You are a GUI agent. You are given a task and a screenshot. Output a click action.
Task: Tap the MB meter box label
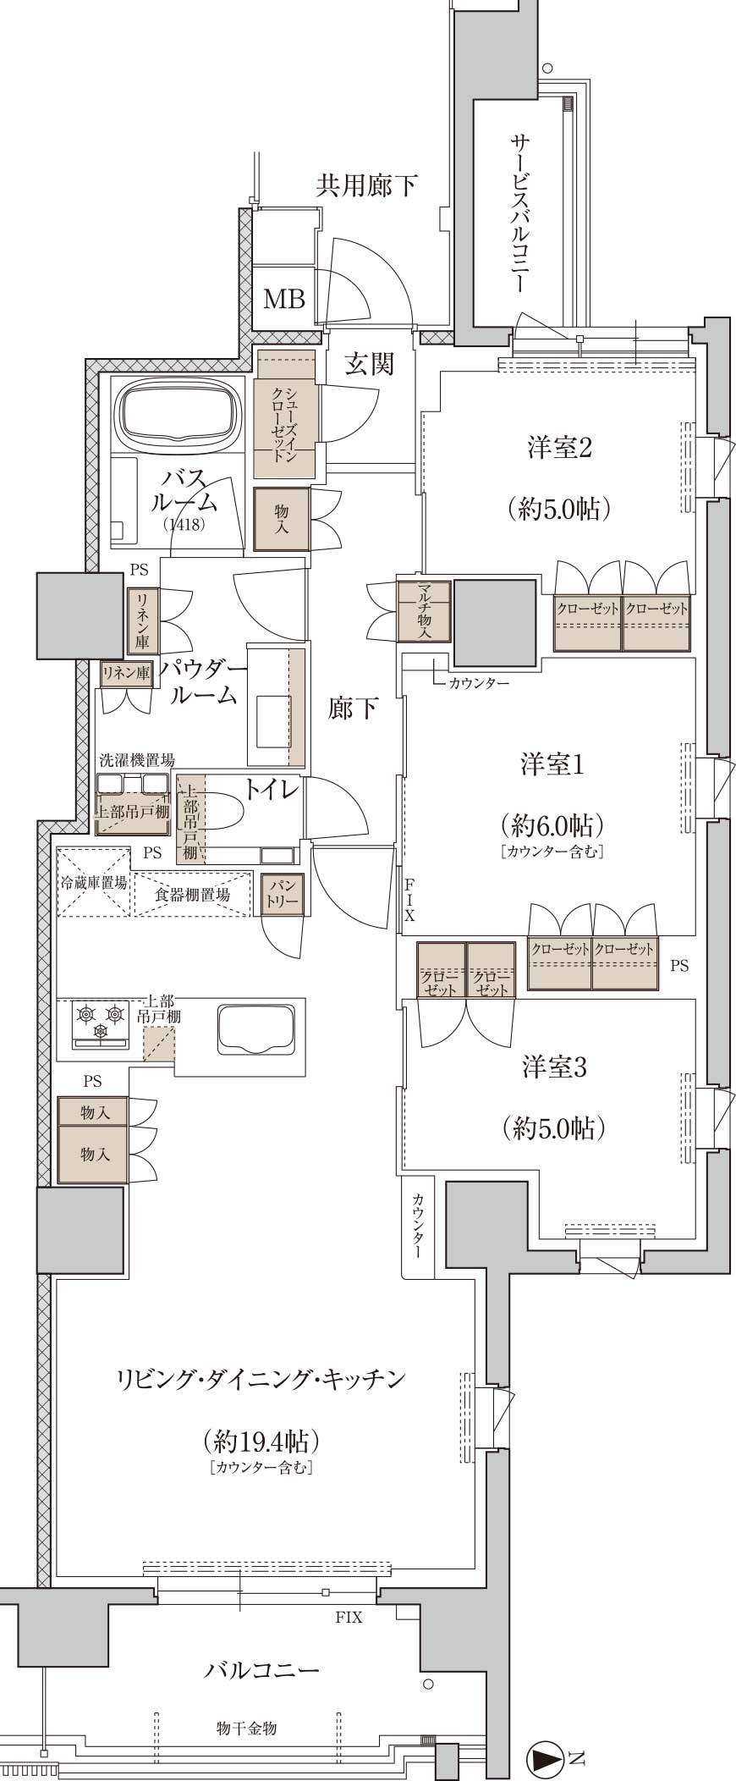pyautogui.click(x=284, y=298)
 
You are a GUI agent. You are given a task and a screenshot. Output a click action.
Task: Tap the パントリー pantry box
pyautogui.click(x=282, y=893)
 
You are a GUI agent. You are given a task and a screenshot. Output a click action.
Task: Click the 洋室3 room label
pyautogui.click(x=554, y=1067)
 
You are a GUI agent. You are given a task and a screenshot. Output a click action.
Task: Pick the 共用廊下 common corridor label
pyautogui.click(x=366, y=185)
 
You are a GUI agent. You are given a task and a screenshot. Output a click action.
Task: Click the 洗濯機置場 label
pyautogui.click(x=136, y=760)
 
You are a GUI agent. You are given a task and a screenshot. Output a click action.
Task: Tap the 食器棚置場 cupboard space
pyautogui.click(x=192, y=894)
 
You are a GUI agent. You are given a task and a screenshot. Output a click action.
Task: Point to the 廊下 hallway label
pyautogui.click(x=353, y=709)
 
